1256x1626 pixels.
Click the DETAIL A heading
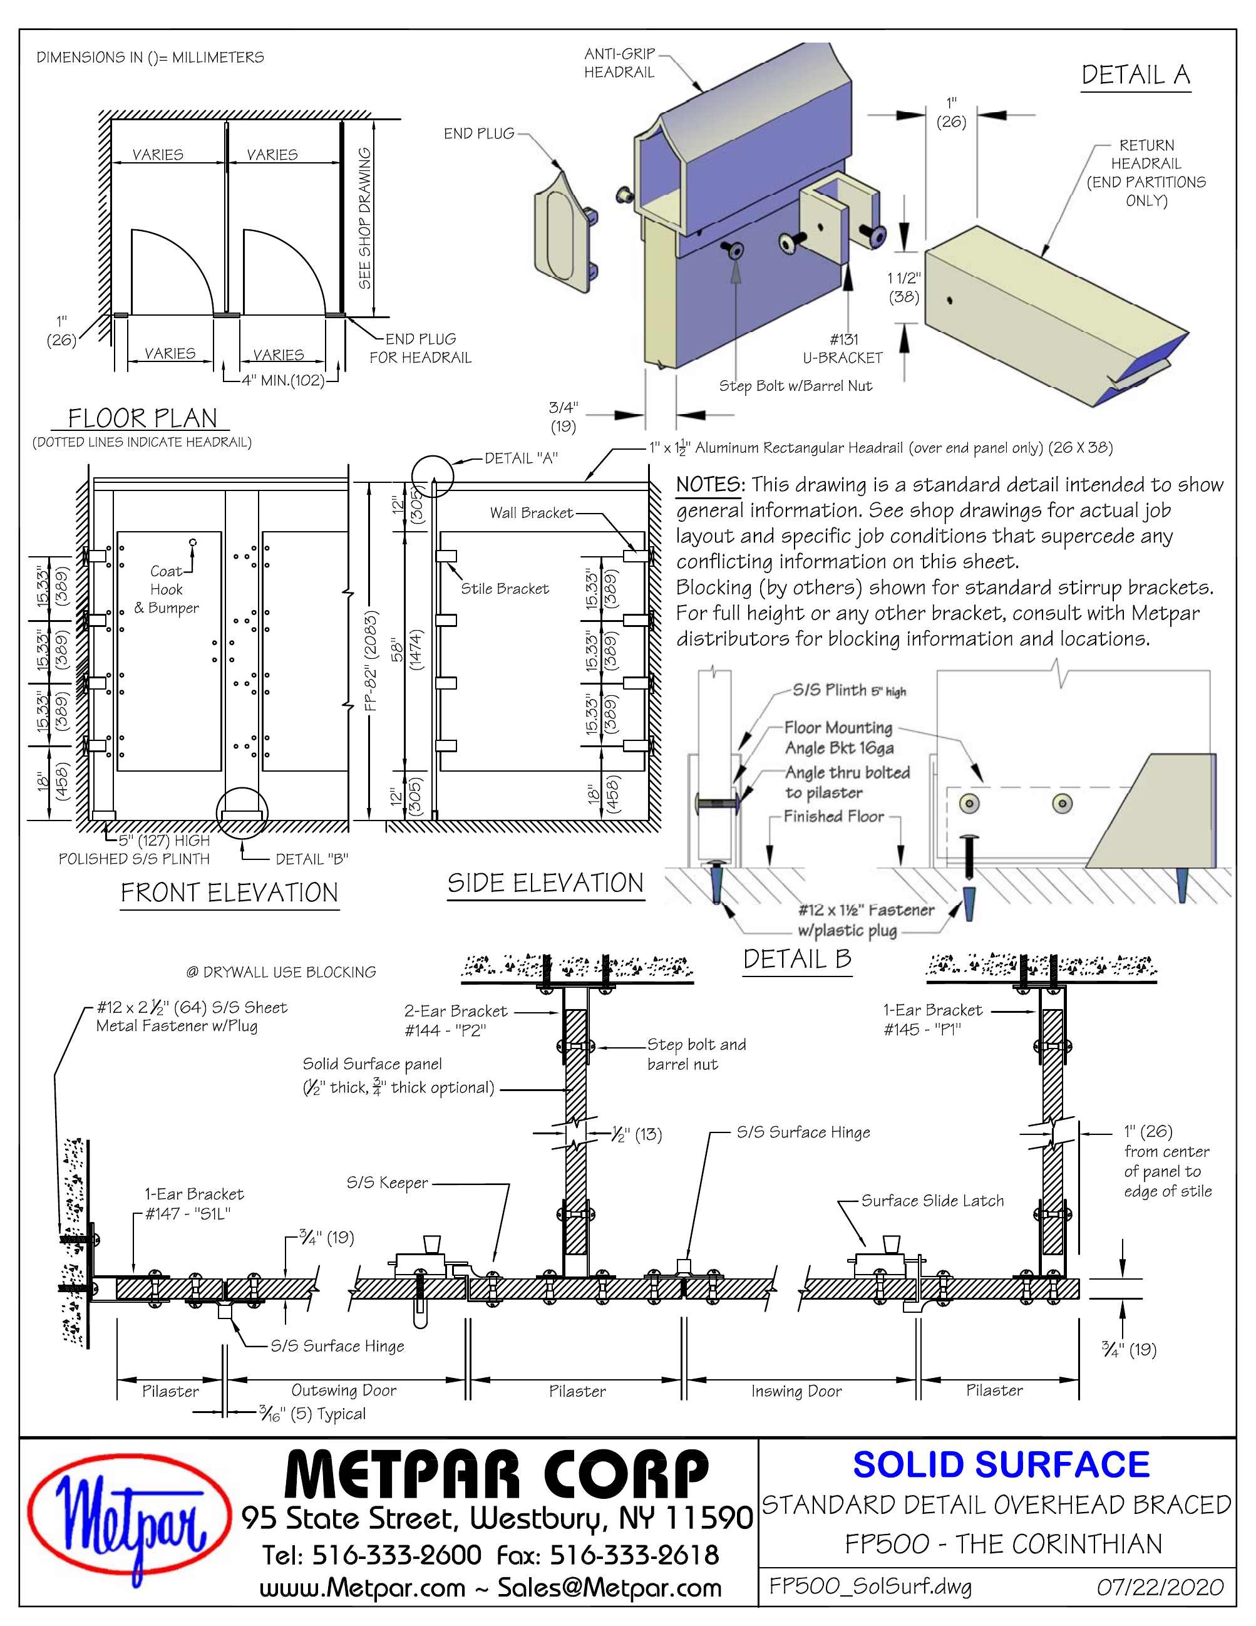coord(1135,75)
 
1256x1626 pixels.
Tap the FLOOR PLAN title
coord(142,418)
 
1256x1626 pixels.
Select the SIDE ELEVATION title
coord(545,883)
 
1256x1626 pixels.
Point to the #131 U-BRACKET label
coord(842,348)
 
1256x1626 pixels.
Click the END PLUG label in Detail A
coord(478,134)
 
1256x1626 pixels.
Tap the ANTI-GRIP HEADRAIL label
coord(619,63)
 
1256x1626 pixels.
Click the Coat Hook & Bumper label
coord(166,589)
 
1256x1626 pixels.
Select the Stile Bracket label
coord(504,589)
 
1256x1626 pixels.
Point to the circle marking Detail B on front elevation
coord(242,813)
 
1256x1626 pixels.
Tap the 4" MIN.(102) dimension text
coord(283,380)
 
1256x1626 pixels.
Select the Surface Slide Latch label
coord(932,1200)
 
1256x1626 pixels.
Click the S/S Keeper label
coord(387,1183)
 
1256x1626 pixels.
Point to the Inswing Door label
coord(796,1390)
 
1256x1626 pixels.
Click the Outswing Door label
coord(344,1390)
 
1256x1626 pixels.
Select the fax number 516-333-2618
coord(634,1555)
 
